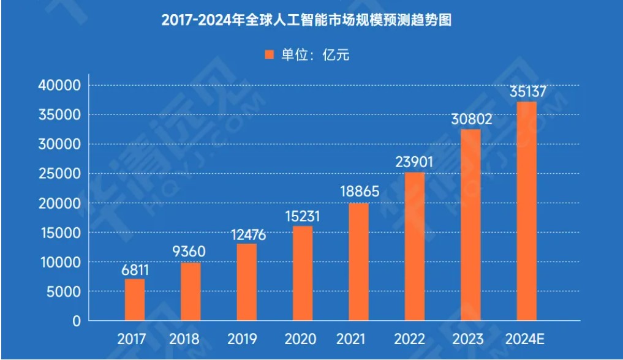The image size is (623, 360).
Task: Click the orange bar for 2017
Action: (x=135, y=300)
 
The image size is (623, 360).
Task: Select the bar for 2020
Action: (x=303, y=274)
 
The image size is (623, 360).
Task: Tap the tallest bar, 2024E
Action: (x=527, y=211)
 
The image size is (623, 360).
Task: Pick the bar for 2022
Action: (x=415, y=247)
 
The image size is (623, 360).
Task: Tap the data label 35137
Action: (x=527, y=92)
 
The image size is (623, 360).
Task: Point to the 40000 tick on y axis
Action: (x=59, y=86)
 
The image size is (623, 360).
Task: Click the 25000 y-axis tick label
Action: (x=59, y=174)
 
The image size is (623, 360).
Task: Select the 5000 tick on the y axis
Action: (x=64, y=291)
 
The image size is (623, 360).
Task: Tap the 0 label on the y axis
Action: (x=76, y=321)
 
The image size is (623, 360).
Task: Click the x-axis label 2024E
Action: (x=526, y=339)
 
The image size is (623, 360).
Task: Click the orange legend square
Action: (x=269, y=55)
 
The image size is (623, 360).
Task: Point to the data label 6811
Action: (x=135, y=269)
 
